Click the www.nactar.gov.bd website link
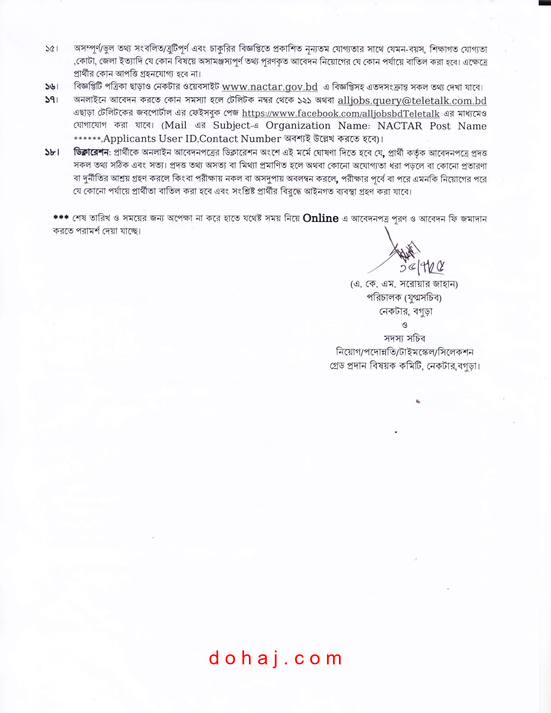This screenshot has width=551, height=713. [270, 87]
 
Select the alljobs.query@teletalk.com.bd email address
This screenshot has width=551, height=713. [412, 100]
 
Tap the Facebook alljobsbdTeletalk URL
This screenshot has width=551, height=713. [340, 113]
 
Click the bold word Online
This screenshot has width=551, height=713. [320, 218]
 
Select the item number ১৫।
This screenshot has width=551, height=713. [52, 49]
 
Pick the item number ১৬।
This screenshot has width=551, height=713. [52, 87]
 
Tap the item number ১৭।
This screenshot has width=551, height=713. [52, 100]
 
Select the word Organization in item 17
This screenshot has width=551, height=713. [298, 126]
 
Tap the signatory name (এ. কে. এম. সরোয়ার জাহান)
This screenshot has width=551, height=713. [404, 284]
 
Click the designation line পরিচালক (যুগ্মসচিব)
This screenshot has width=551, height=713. [404, 298]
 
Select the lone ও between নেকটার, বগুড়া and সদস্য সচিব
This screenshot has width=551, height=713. [404, 325]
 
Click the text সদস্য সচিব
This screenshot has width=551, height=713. [404, 338]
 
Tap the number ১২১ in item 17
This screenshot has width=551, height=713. [304, 100]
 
